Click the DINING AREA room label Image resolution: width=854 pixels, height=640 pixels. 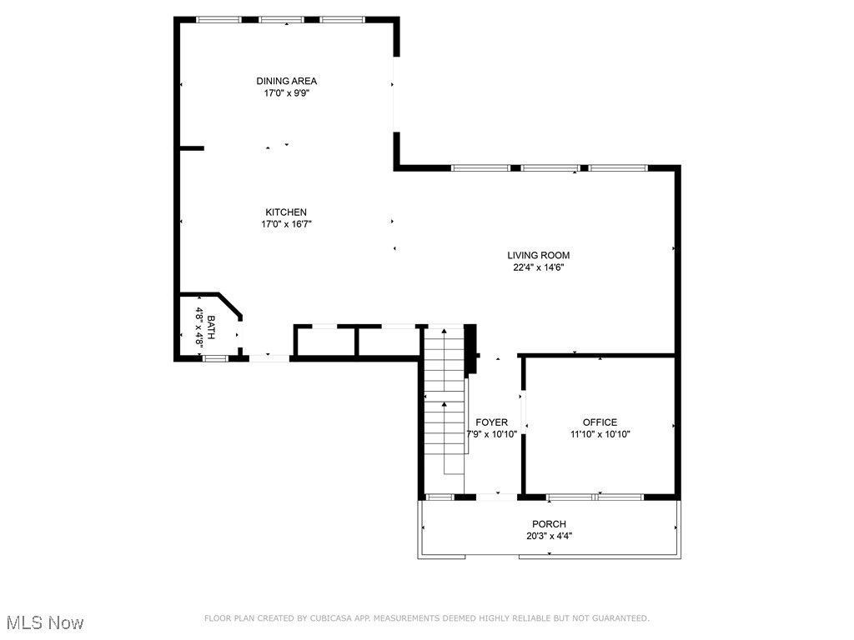(x=286, y=81)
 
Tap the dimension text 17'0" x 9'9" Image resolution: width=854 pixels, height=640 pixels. (x=286, y=93)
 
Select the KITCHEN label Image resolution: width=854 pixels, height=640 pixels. (x=286, y=212)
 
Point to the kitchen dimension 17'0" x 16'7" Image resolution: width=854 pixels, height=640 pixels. (x=286, y=224)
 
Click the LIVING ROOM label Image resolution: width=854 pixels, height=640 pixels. (x=539, y=255)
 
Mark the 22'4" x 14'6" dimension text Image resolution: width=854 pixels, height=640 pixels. (x=539, y=267)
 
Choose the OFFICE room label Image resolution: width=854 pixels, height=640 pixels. (x=600, y=422)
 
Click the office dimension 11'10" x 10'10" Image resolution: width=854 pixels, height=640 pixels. (x=600, y=434)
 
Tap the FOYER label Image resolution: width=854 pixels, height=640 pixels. (x=491, y=422)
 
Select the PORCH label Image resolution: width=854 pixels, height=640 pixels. (x=549, y=524)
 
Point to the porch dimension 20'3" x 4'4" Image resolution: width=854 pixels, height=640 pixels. (x=549, y=536)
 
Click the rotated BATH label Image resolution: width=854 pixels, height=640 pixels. (x=211, y=327)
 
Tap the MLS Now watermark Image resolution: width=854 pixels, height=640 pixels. (x=45, y=622)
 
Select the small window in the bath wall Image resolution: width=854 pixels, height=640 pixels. (x=215, y=358)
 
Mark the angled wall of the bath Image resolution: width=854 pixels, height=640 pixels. (x=230, y=305)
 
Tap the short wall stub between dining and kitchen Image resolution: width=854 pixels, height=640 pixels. (x=192, y=148)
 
